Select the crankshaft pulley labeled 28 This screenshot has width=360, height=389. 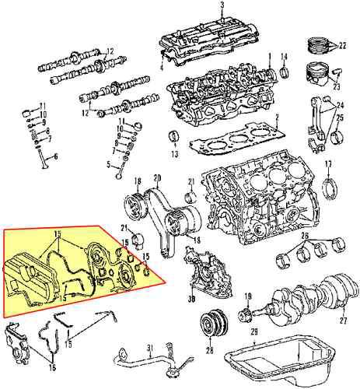pos(210,323)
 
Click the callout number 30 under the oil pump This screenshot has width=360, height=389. pos(190,300)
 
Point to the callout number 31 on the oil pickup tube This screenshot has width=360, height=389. pos(152,347)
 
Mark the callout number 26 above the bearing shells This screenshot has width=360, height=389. pos(304,236)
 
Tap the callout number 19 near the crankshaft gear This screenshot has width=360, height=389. pos(247,296)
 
